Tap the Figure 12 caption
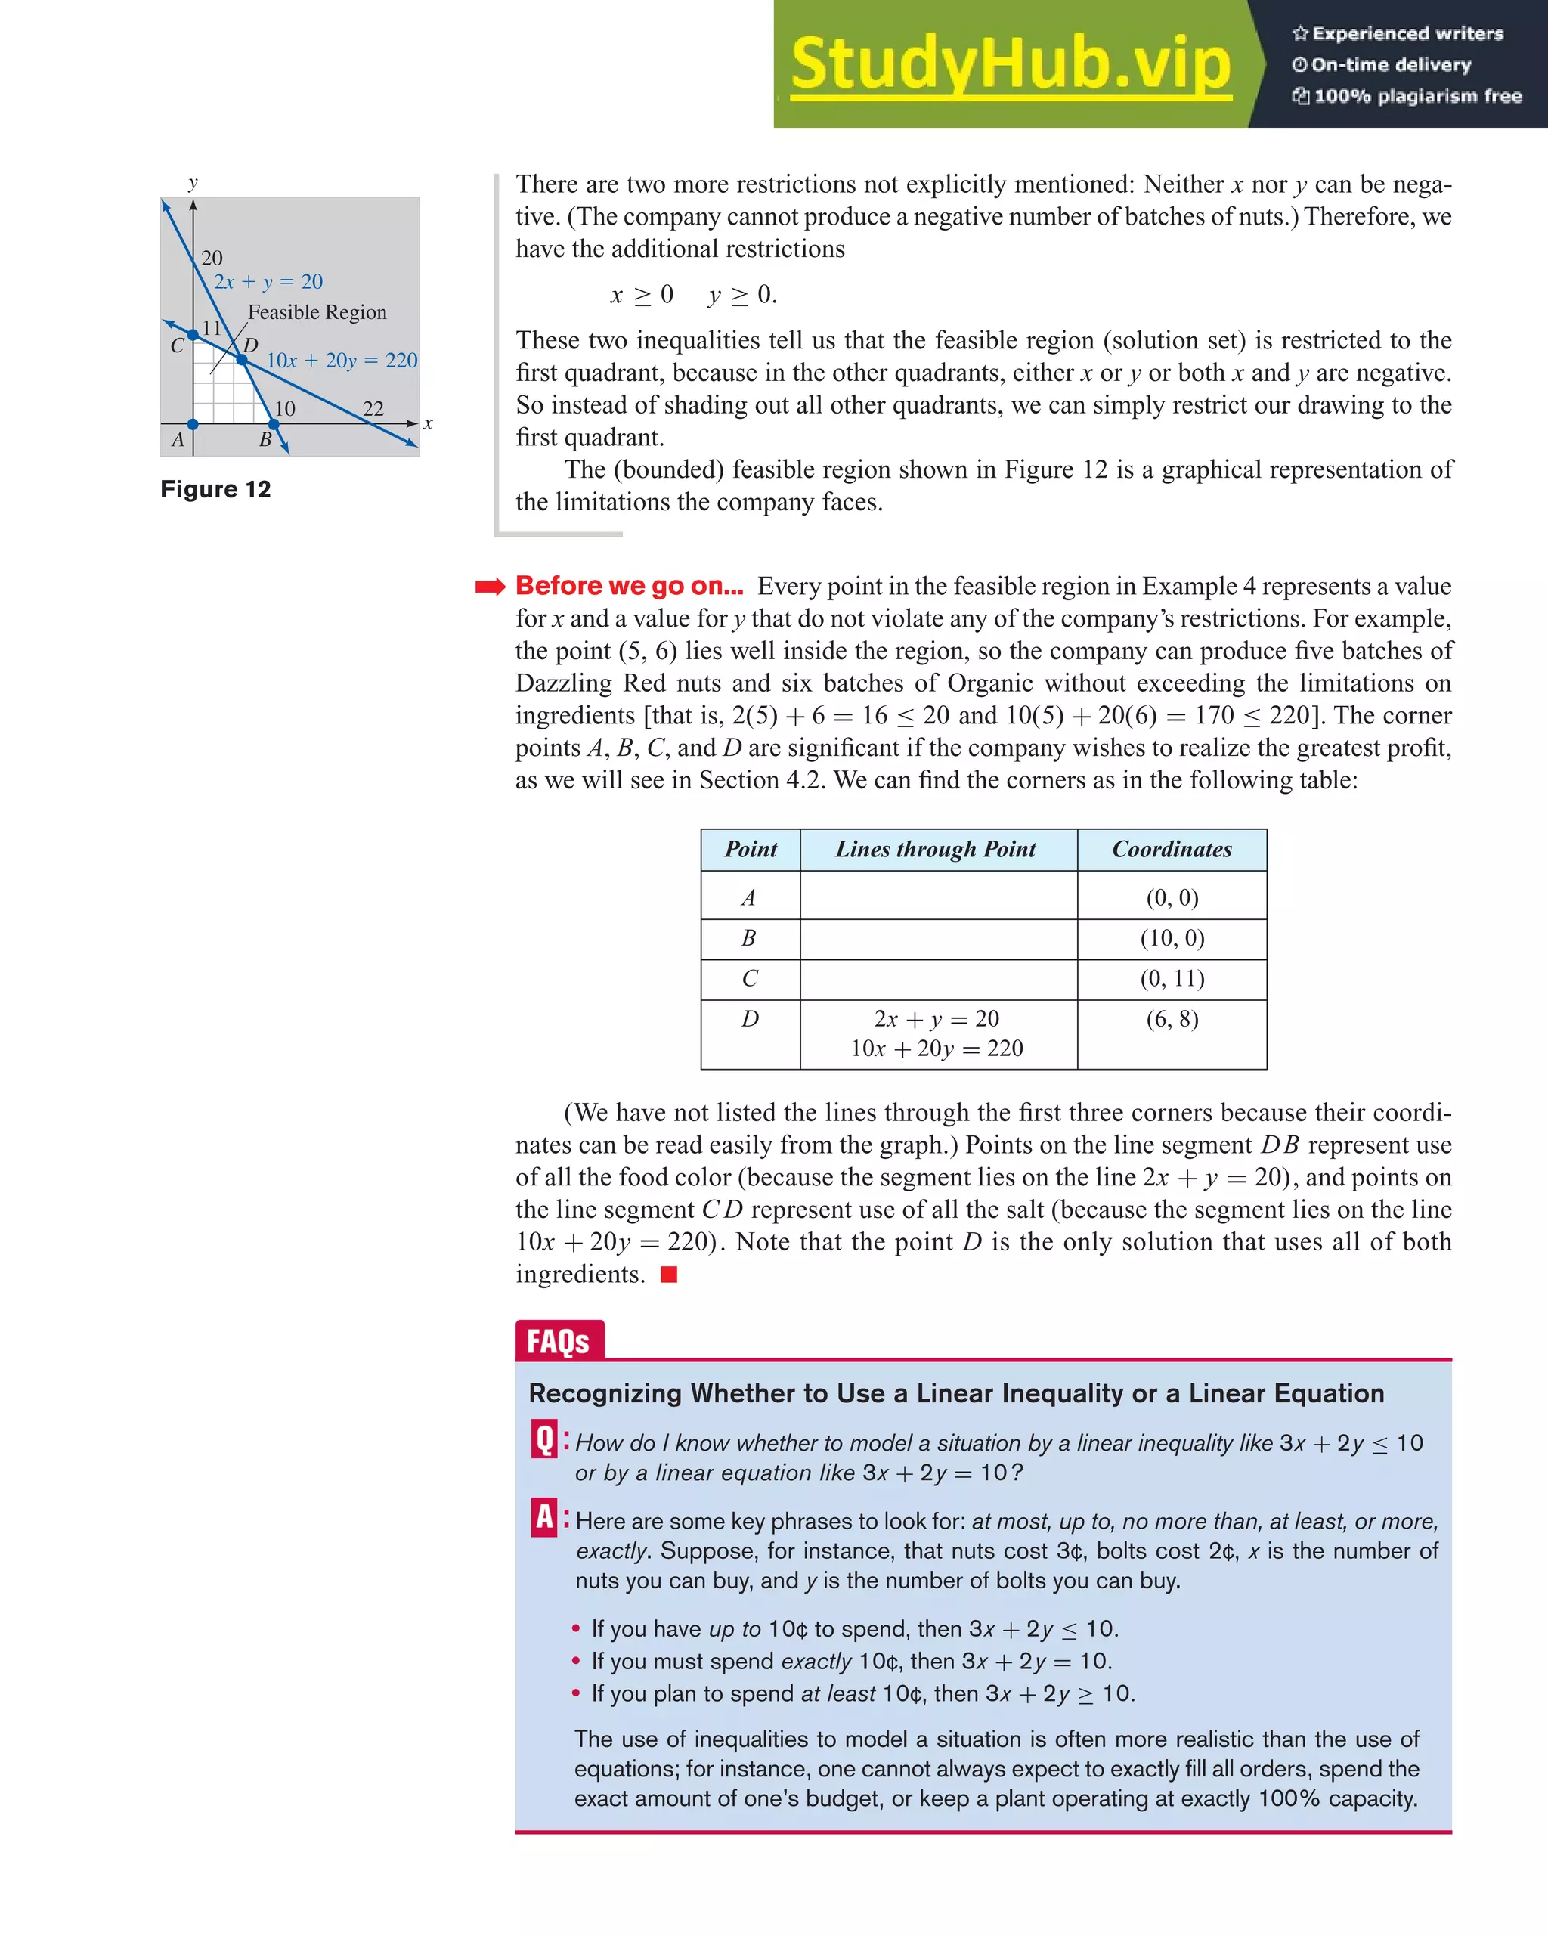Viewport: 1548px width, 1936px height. [x=215, y=489]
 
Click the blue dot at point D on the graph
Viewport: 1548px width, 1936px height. [x=242, y=359]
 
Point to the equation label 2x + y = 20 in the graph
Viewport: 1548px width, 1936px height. [x=268, y=282]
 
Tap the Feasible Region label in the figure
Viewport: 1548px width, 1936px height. [x=317, y=312]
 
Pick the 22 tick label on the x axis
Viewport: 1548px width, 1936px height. [x=373, y=408]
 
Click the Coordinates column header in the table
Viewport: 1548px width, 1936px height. [x=1172, y=850]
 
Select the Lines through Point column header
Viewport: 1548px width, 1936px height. [x=936, y=850]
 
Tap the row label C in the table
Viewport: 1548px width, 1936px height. [x=750, y=979]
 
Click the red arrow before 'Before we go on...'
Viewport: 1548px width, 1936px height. [x=491, y=587]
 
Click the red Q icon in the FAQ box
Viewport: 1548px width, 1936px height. [x=545, y=1439]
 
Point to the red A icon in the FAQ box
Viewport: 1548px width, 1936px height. [x=545, y=1517]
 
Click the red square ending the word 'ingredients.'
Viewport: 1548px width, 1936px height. [x=669, y=1275]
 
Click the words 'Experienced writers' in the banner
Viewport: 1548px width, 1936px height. [x=1407, y=33]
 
